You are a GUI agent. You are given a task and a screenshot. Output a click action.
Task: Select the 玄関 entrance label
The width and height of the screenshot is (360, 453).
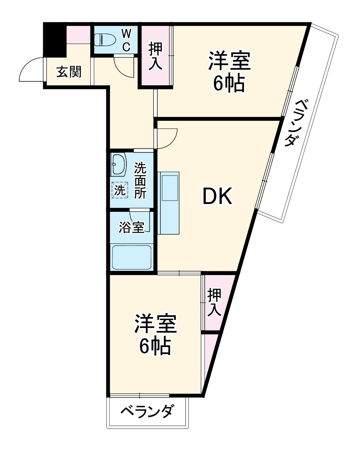69,71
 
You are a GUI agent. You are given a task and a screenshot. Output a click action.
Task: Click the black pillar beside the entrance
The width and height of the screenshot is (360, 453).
54,39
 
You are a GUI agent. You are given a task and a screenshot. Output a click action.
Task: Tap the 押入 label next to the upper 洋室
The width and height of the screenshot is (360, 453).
156,56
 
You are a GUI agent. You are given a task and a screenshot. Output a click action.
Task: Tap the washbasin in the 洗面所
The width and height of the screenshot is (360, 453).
118,165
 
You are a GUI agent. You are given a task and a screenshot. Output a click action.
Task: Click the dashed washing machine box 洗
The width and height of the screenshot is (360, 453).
120,190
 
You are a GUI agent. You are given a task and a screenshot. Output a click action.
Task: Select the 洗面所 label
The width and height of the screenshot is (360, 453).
140,180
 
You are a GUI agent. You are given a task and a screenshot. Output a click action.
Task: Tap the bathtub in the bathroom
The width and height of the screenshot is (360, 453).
131,256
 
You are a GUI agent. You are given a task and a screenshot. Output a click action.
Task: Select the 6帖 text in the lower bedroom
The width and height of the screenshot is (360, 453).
155,347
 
